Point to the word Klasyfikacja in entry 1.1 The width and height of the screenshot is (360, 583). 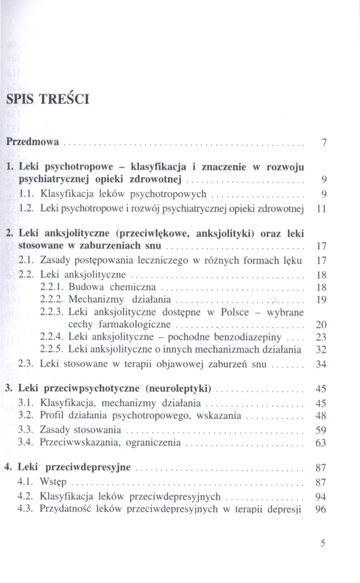pyautogui.click(x=64, y=192)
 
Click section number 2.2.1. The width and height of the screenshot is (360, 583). pyautogui.click(x=51, y=287)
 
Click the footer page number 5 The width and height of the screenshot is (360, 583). pyautogui.click(x=323, y=543)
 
